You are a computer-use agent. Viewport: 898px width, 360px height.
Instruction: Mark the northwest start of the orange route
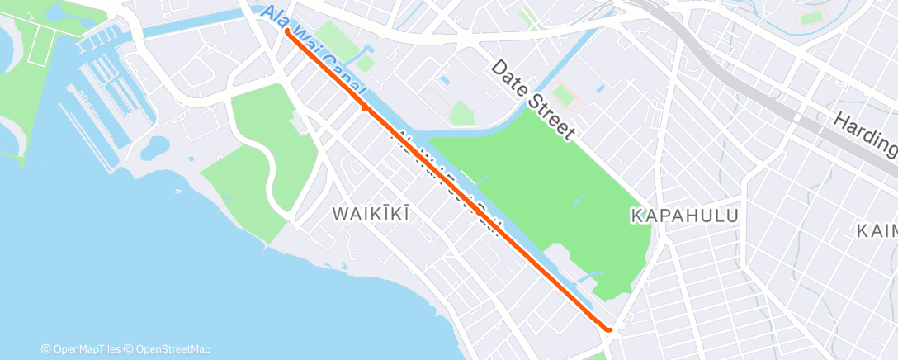point(287,31)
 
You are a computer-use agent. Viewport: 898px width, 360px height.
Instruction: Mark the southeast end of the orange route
point(609,330)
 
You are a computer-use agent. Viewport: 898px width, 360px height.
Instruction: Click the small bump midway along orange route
point(364,108)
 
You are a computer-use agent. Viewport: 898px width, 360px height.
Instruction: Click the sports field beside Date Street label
point(565,95)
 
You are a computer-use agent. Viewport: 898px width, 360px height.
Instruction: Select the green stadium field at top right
point(812,17)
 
